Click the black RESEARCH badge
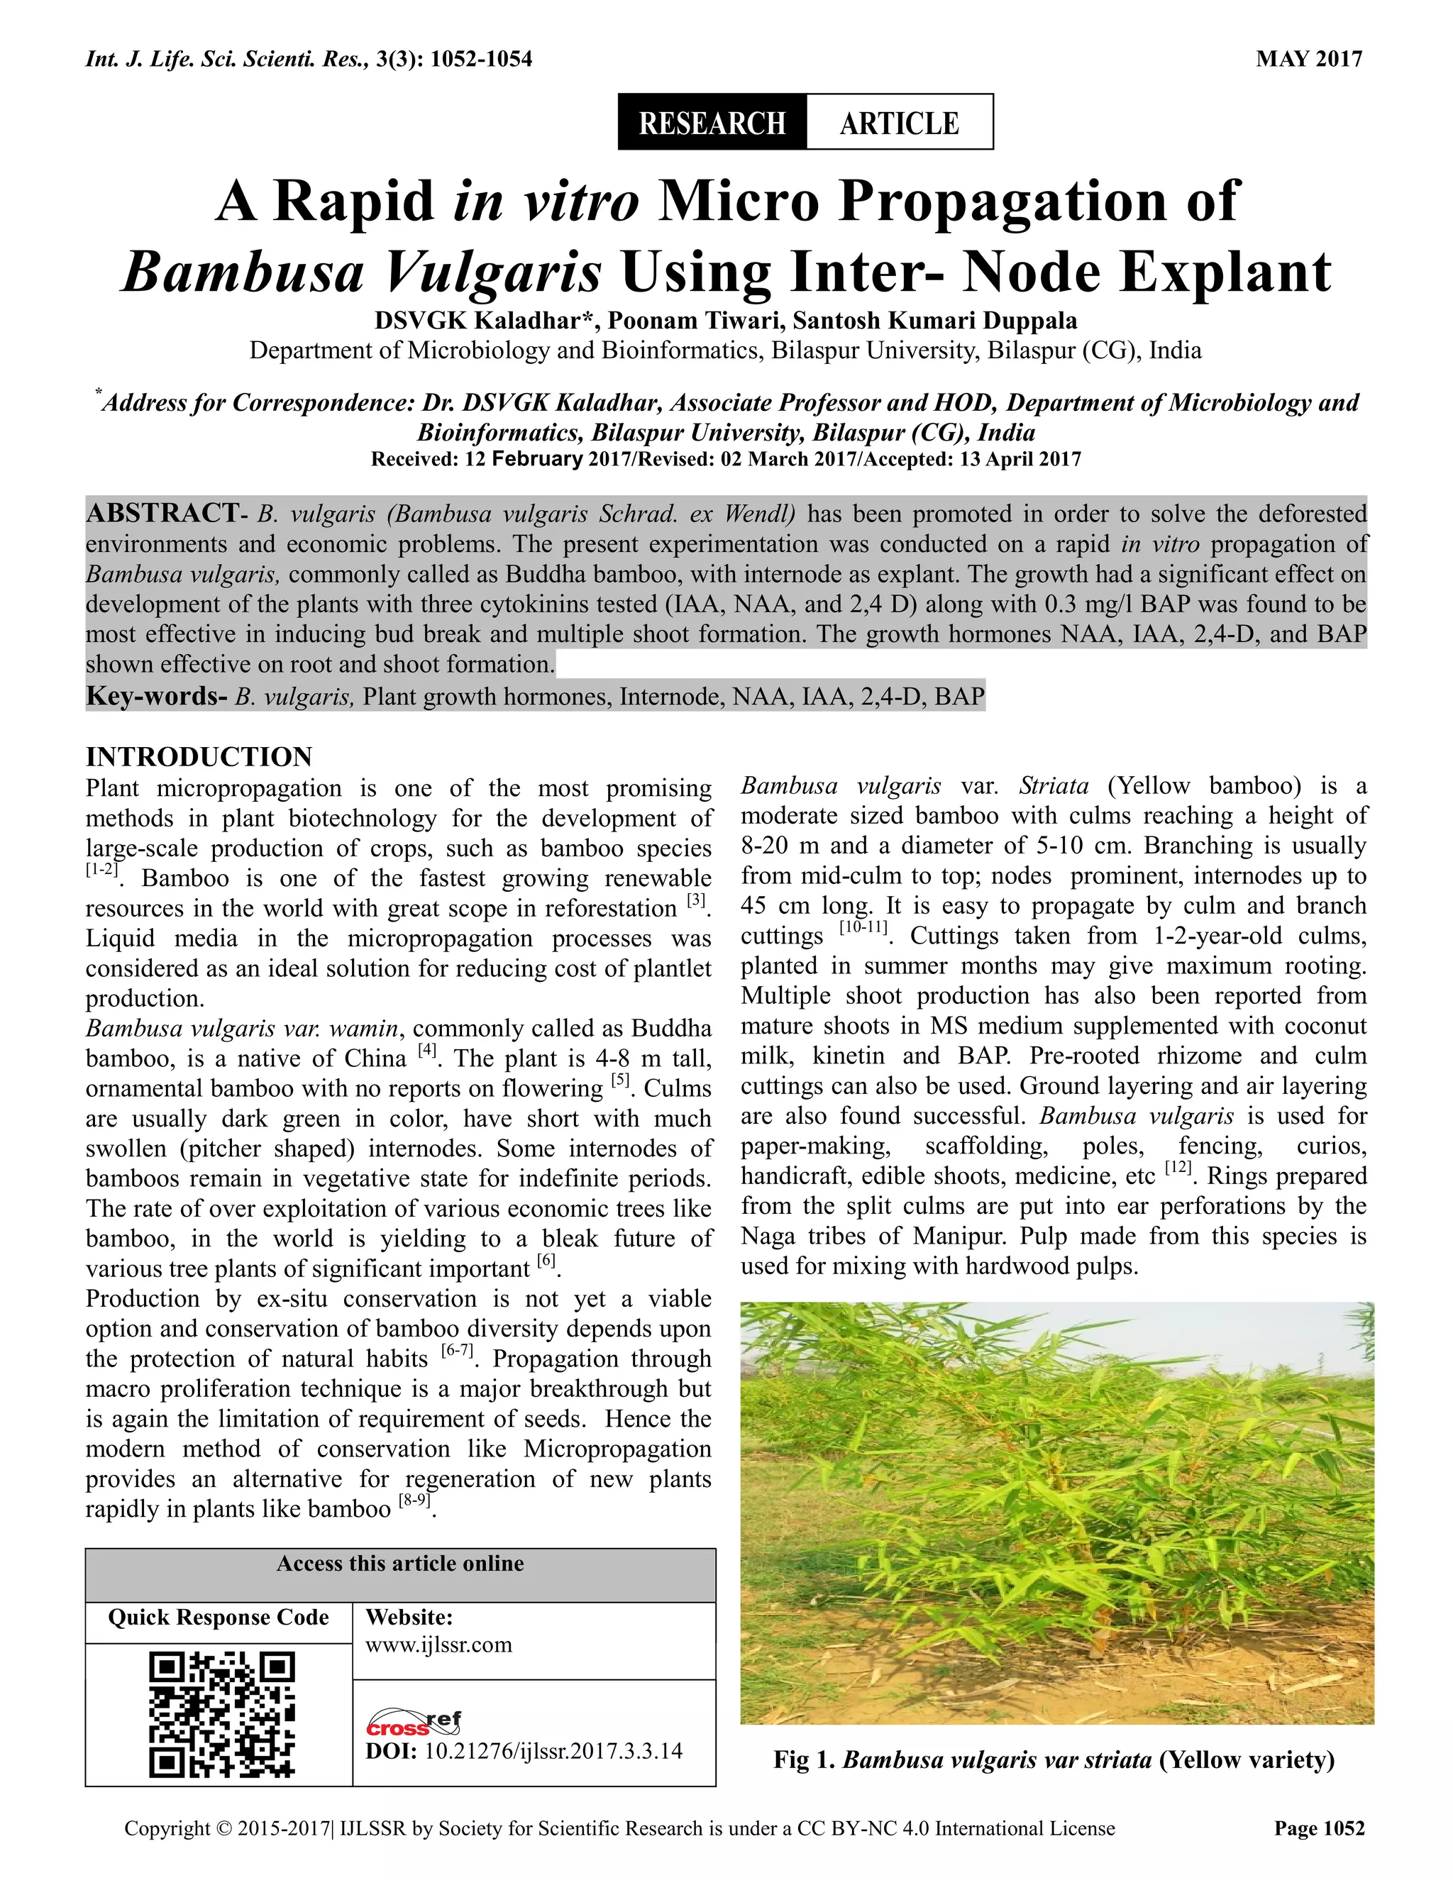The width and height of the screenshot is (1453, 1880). tap(712, 123)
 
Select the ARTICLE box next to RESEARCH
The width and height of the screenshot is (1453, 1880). tap(899, 123)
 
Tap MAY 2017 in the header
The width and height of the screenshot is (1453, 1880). tap(1309, 60)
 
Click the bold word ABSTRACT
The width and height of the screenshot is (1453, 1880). tap(161, 514)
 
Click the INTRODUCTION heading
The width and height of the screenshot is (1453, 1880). tap(199, 757)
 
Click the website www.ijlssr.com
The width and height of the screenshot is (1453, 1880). tap(438, 1645)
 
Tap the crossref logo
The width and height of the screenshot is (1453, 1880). tap(414, 1723)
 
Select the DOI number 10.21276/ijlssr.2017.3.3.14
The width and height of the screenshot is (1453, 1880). tap(553, 1751)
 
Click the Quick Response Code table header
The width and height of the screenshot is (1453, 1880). tap(218, 1618)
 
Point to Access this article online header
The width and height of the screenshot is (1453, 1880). tap(399, 1563)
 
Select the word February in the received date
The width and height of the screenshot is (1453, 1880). tap(536, 459)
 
